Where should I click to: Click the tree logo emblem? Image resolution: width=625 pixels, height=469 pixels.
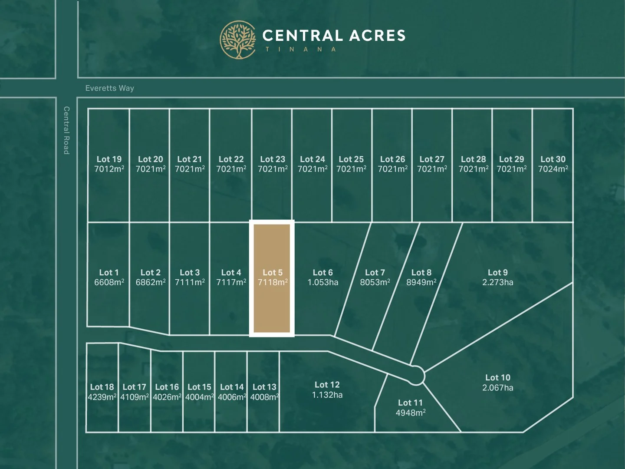point(237,40)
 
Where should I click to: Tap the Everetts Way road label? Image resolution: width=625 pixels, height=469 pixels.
point(110,88)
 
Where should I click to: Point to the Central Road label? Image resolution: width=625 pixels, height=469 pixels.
point(66,130)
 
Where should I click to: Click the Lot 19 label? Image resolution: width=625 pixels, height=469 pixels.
point(109,159)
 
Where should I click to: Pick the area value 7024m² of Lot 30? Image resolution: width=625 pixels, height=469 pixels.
point(553,169)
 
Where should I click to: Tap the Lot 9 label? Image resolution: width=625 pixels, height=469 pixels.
point(497,272)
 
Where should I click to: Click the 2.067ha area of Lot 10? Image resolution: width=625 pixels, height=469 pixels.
point(497,388)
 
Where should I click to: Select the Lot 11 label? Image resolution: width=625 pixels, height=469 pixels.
point(410,403)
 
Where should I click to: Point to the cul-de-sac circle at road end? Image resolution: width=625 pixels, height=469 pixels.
point(416,375)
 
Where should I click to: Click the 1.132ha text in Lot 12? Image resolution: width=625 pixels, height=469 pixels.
point(327,395)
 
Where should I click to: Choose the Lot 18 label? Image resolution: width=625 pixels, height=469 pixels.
point(102,387)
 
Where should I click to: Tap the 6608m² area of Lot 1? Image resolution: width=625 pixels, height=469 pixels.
point(109,282)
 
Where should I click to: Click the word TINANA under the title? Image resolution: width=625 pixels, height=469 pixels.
point(301,50)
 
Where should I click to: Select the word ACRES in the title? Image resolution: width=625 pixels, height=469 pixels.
point(377,36)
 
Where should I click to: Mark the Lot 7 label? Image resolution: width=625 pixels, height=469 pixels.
point(375,272)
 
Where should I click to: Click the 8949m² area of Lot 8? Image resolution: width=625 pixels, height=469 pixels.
point(421,282)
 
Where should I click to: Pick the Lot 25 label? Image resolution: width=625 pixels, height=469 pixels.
point(351,159)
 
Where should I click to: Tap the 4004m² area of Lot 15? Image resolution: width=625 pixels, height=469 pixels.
point(199,397)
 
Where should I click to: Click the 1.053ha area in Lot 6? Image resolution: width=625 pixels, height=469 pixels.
point(322,282)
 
